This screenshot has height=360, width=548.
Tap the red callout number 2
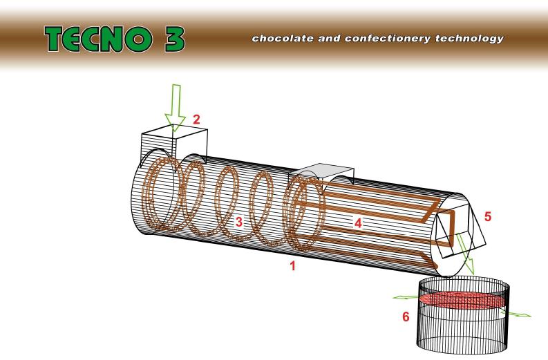coord(197,119)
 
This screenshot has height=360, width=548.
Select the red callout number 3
coord(238,221)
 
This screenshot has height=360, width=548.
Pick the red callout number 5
coord(487,216)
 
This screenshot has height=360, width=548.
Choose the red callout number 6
coord(406,316)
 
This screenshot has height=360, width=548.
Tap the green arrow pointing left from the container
coord(406,297)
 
